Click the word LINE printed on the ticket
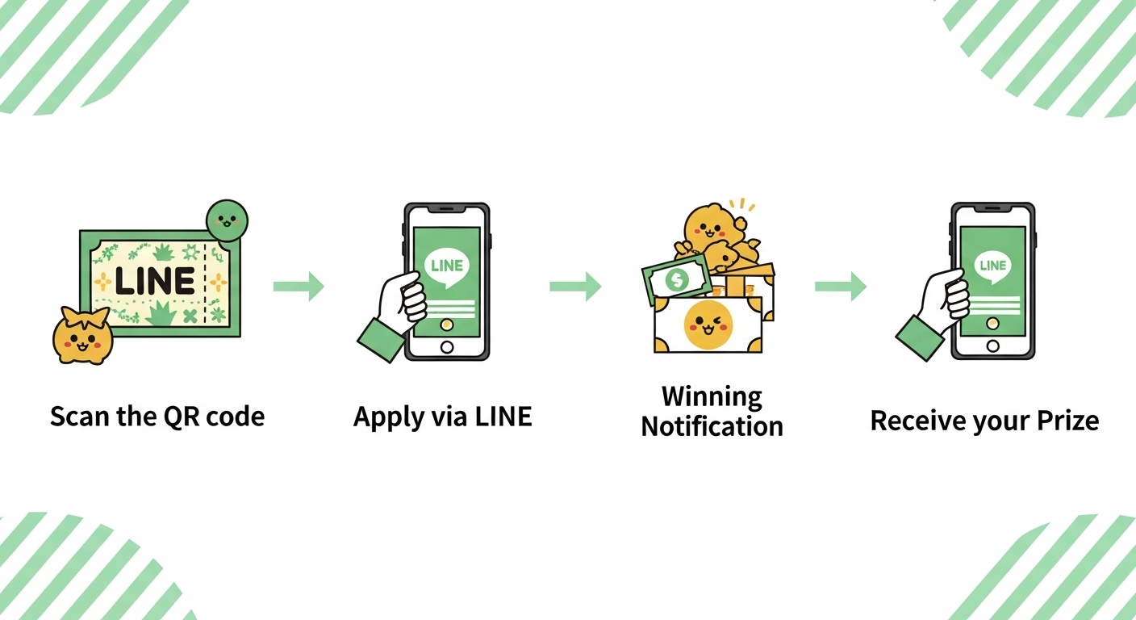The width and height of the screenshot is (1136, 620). click(154, 281)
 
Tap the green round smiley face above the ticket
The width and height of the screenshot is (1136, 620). click(227, 220)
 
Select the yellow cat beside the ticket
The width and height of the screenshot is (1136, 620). click(82, 337)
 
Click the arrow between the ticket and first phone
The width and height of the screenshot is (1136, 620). click(299, 286)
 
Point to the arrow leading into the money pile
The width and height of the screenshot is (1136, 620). click(575, 286)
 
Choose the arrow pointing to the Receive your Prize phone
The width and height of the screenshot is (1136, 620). click(841, 286)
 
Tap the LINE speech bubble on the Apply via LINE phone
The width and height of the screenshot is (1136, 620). click(446, 267)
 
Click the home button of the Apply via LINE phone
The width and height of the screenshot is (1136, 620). click(446, 346)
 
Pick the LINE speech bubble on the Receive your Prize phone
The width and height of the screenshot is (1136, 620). click(992, 266)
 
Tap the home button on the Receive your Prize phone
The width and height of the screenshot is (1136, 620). click(992, 346)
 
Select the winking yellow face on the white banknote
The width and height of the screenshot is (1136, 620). click(708, 325)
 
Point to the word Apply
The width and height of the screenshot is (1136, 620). click(387, 417)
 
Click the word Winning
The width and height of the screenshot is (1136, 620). click(712, 396)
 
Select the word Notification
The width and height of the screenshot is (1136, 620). click(712, 425)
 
